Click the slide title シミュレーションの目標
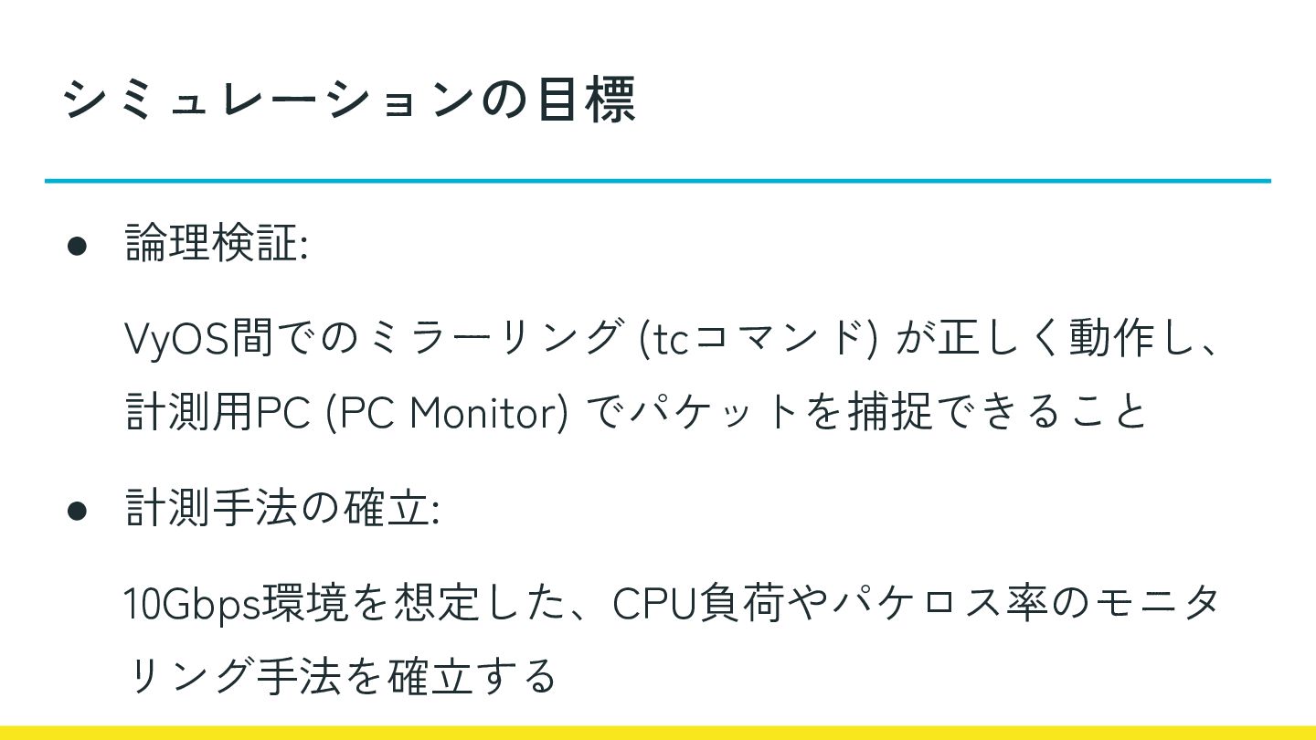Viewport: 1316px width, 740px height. pyautogui.click(x=349, y=100)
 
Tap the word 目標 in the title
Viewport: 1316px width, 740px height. pyautogui.click(x=585, y=100)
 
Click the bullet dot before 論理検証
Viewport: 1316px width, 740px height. pyautogui.click(x=77, y=247)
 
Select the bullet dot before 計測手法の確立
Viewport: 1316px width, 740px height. pyautogui.click(x=77, y=511)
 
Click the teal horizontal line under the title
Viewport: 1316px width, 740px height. pyautogui.click(x=658, y=181)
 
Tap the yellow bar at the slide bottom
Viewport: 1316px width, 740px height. pyautogui.click(x=658, y=733)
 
